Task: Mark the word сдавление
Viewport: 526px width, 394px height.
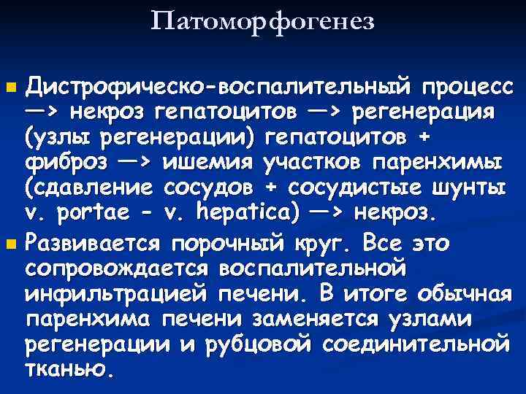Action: click(91, 188)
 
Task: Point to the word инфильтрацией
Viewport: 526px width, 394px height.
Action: click(120, 293)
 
